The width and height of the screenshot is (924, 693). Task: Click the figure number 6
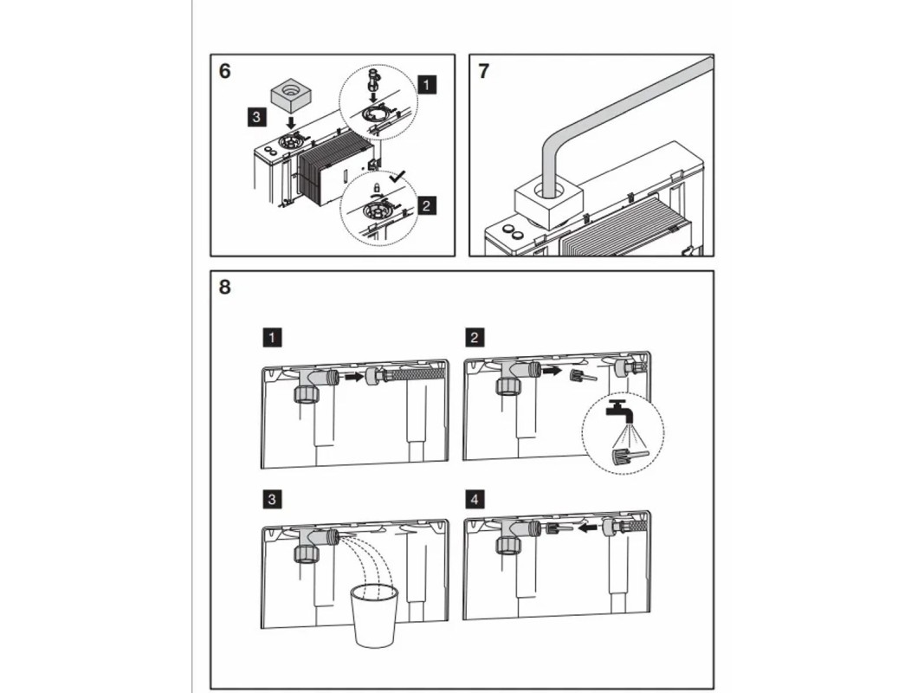point(225,71)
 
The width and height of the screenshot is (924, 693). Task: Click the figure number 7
point(483,71)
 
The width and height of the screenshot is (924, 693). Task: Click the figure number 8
point(225,287)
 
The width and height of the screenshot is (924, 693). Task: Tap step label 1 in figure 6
point(426,84)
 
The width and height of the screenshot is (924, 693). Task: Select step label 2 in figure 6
point(426,205)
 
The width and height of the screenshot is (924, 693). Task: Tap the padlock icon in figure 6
point(377,187)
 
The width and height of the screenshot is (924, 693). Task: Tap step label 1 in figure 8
point(273,336)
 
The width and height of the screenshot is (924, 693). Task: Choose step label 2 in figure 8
point(475,336)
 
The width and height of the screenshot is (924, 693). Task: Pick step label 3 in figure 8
point(273,499)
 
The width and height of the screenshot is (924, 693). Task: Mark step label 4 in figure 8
point(475,499)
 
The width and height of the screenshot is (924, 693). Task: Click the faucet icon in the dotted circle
point(617,410)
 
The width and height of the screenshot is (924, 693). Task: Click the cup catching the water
point(372,613)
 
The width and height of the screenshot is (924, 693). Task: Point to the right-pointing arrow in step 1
point(351,377)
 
